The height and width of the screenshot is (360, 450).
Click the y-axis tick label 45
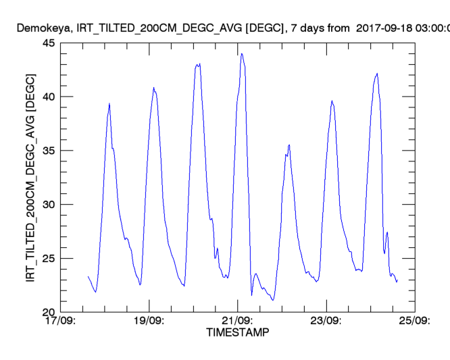48,43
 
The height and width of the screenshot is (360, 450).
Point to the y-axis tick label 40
48,97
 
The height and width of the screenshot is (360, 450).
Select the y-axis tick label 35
48,151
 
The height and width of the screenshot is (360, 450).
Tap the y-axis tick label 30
48,205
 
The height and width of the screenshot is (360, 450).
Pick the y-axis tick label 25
48,259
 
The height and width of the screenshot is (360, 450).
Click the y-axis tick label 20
48,312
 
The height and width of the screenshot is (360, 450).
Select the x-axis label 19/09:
149,321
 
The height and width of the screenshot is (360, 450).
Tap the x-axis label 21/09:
237,321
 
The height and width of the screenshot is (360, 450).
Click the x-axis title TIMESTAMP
237,333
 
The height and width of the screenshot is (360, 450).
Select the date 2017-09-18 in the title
382,28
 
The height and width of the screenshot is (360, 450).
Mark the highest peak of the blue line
241,54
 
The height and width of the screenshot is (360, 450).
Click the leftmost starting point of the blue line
88,276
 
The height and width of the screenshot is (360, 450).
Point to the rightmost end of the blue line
398,280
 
